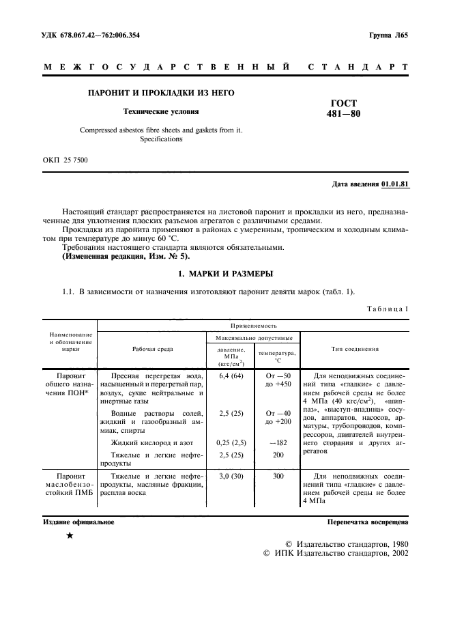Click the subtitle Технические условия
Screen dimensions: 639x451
click(x=160, y=111)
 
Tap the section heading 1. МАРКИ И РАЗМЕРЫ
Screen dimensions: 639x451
click(x=225, y=274)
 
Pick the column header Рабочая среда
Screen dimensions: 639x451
click(x=152, y=349)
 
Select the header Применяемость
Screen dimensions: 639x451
click(x=253, y=326)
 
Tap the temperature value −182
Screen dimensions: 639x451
click(x=278, y=442)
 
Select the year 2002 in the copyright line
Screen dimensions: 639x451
click(x=396, y=554)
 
